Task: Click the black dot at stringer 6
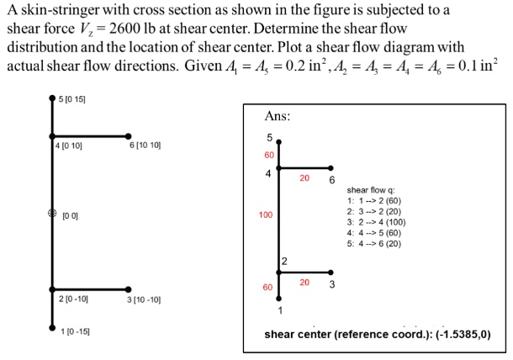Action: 128,135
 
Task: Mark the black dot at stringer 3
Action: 128,289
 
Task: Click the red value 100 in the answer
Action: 266,215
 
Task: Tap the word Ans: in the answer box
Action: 278,115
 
